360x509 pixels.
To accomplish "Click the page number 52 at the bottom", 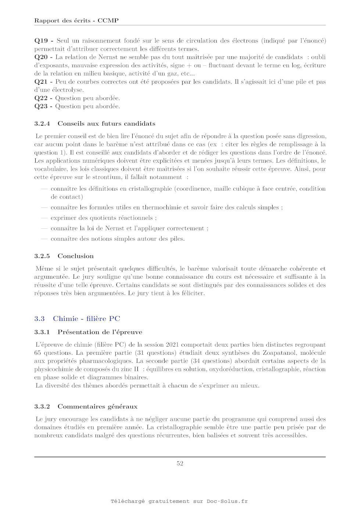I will coord(180,463).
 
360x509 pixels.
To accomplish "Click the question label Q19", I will coord(41,41).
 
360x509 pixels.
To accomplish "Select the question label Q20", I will coord(41,57).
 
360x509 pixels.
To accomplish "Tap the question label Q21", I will coord(41,82).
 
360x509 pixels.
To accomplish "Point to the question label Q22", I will coord(41,98).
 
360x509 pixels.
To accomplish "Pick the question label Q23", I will coord(41,107).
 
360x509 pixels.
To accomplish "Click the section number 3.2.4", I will coord(42,124).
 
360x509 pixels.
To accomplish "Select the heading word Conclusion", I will coord(76,256).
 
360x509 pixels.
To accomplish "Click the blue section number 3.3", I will coord(40,319).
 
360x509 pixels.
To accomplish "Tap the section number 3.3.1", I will coord(42,332).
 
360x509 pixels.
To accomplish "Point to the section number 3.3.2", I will coord(42,407).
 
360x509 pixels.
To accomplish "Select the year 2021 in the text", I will coord(172,345).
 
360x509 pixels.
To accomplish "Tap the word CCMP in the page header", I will coord(108,21).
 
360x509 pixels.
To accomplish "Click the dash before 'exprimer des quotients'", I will coord(44,218).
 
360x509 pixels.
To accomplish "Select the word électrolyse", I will coord(68,90).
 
